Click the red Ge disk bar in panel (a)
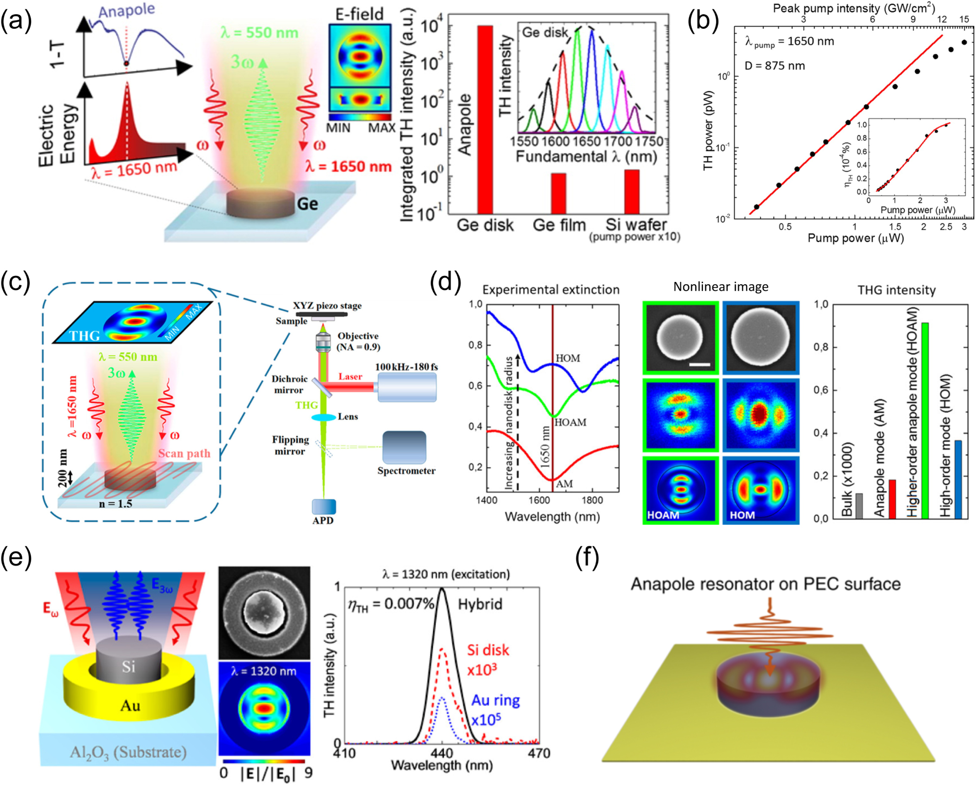coord(485,120)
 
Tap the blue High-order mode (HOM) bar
coord(958,480)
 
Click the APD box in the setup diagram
coord(324,507)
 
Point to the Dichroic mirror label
coord(289,384)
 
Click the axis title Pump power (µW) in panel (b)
coord(855,238)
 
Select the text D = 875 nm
coord(774,66)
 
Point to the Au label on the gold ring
coord(130,705)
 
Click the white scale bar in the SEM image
coord(699,364)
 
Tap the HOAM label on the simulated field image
coord(663,515)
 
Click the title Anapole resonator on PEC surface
coord(765,584)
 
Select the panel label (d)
coord(446,282)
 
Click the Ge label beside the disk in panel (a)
coord(307,204)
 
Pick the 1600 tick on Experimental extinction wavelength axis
coord(538,500)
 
